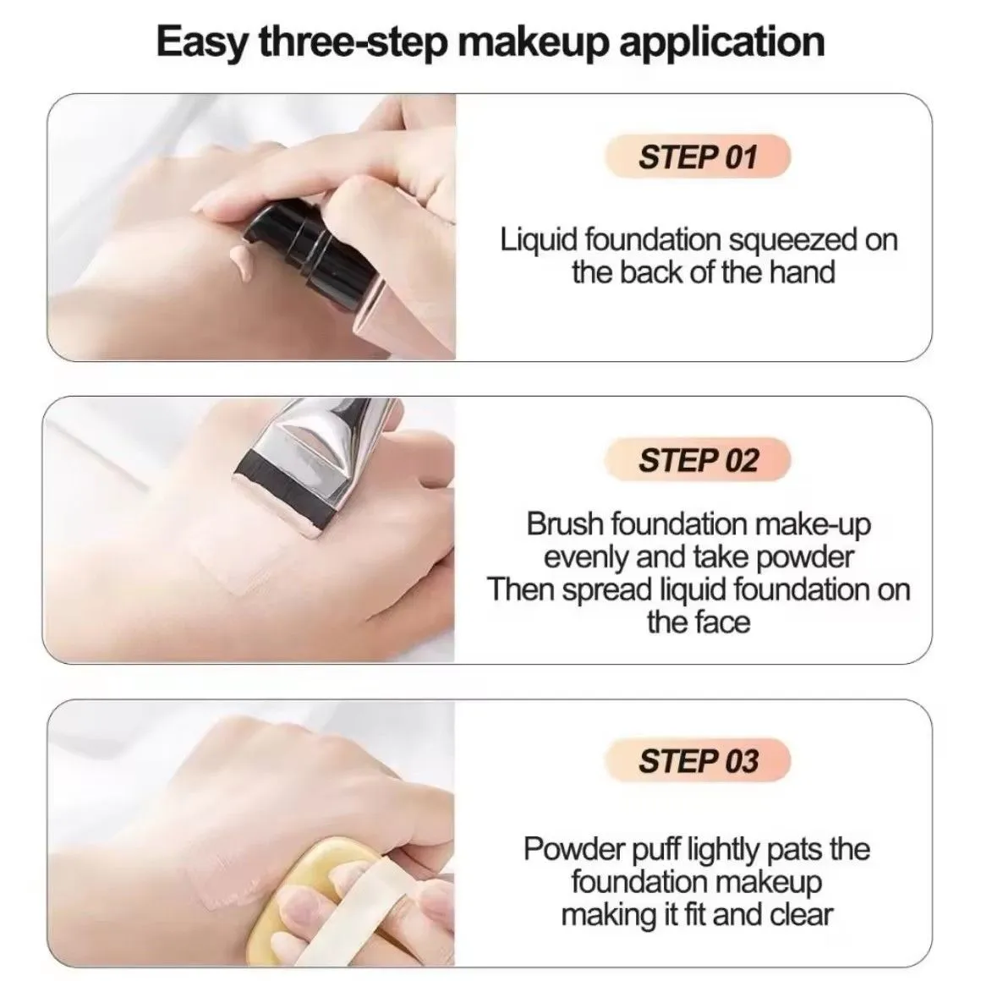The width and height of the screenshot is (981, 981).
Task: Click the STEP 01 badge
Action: click(698, 156)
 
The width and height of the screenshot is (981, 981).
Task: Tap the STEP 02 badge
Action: click(698, 460)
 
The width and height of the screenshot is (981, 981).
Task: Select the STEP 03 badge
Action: click(698, 761)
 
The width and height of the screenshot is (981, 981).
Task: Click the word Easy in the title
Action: click(202, 42)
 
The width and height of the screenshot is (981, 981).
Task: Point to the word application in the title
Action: click(721, 42)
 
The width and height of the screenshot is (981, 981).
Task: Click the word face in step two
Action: click(726, 622)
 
